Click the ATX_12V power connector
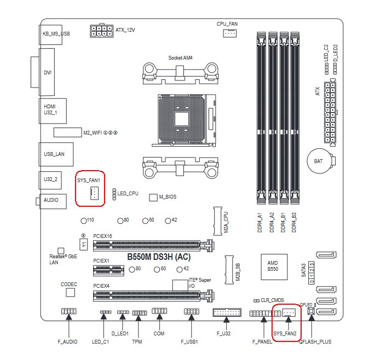[x=101, y=31]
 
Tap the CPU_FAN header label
[x=228, y=24]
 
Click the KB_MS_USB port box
[x=56, y=34]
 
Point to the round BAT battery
[x=319, y=162]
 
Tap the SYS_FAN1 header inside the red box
[x=94, y=193]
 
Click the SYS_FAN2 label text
[x=285, y=333]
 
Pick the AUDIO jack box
[x=51, y=201]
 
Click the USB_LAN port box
[x=54, y=154]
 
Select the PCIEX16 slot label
[x=103, y=236]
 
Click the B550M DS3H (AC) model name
[x=159, y=257]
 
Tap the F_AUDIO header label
[x=68, y=342]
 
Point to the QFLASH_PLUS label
[x=315, y=342]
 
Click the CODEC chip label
[x=69, y=284]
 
